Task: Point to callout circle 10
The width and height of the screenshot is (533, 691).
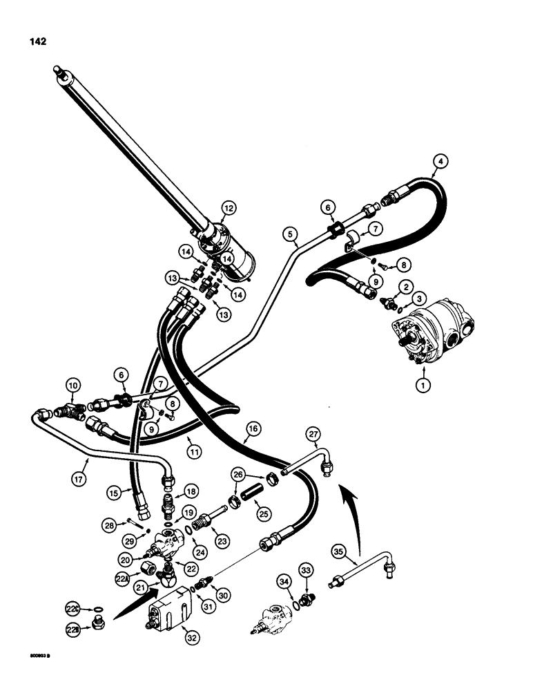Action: pyautogui.click(x=72, y=384)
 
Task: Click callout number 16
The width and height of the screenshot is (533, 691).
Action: pyautogui.click(x=252, y=430)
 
